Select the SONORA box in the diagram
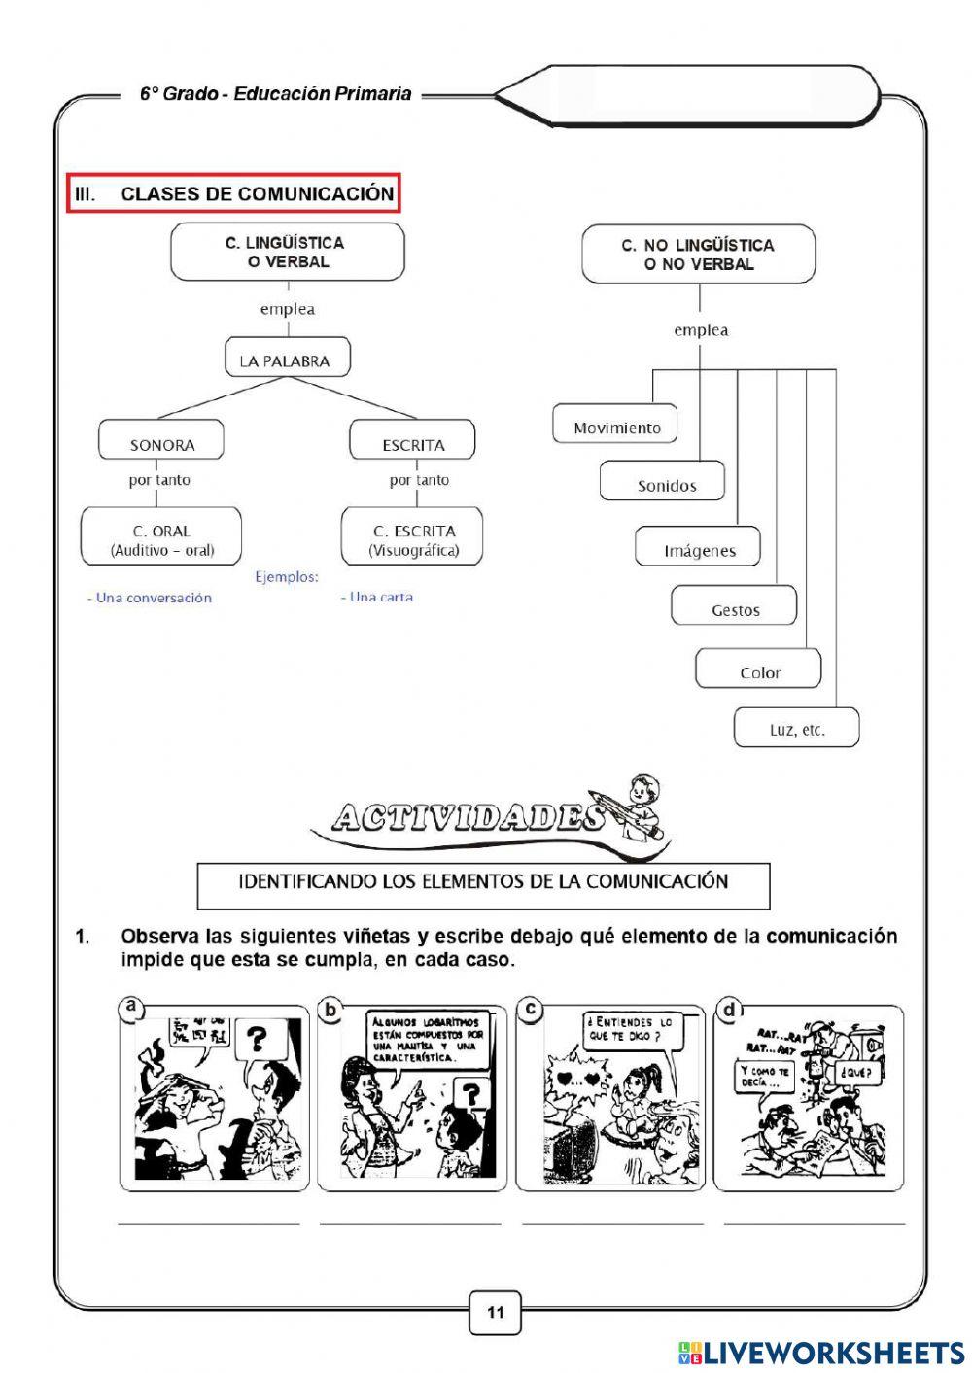pos(161,444)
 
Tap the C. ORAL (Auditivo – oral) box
pos(161,539)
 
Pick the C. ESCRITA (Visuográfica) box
pos(413,539)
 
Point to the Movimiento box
pos(616,427)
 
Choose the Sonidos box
pos(666,484)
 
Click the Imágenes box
pos(699,549)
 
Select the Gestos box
pos(735,609)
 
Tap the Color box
pos(759,671)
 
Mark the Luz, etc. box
pos(797,729)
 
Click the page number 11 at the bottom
pos(496,1313)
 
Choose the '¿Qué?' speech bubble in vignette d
pos(859,1073)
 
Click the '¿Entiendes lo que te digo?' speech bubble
pos(629,1030)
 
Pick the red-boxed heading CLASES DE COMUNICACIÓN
pos(234,193)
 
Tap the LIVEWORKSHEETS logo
pos(821,1353)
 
